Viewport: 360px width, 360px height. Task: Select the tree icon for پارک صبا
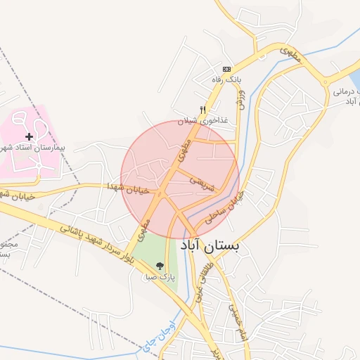click(160, 266)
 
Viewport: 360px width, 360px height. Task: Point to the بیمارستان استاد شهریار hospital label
click(39, 148)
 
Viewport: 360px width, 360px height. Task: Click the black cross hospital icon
click(29, 136)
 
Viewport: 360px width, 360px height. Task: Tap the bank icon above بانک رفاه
click(226, 69)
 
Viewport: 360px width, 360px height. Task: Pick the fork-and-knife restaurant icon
click(202, 110)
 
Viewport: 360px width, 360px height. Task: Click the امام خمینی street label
click(236, 303)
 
